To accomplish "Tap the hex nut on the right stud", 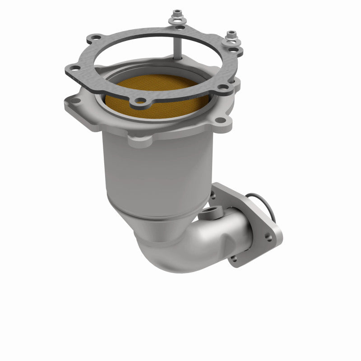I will [231, 35].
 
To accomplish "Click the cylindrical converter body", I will [158, 171].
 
